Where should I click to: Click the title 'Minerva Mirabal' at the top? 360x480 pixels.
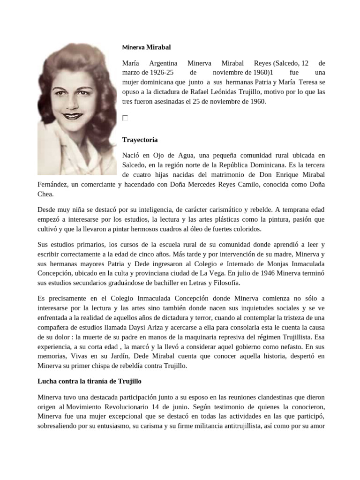coord(146,47)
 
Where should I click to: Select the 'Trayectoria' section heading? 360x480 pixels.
coord(140,140)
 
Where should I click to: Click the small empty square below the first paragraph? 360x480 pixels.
coord(125,118)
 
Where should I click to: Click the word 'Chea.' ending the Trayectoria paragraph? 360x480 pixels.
coord(46,194)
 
